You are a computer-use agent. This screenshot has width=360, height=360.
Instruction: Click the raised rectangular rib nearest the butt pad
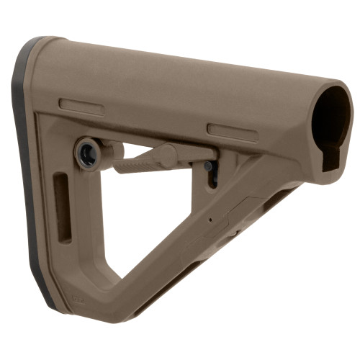point(81,107)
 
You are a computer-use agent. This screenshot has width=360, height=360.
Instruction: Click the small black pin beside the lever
point(208,166)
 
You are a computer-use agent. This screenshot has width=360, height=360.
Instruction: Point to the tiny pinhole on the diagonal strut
point(210,220)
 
